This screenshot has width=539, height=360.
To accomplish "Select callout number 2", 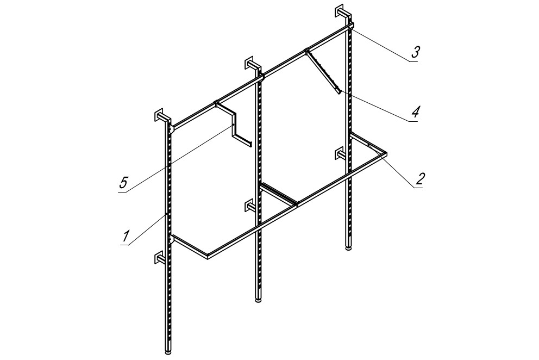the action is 419,178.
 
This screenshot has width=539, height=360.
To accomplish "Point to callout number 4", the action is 416,112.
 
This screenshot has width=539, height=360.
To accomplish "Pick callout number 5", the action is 123,182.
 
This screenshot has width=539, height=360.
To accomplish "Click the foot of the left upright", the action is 168,352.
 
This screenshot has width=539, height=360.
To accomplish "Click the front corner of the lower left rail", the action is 208,256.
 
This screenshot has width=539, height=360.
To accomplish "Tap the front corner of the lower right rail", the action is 385,153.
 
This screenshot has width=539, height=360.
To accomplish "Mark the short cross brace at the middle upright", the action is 278,195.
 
